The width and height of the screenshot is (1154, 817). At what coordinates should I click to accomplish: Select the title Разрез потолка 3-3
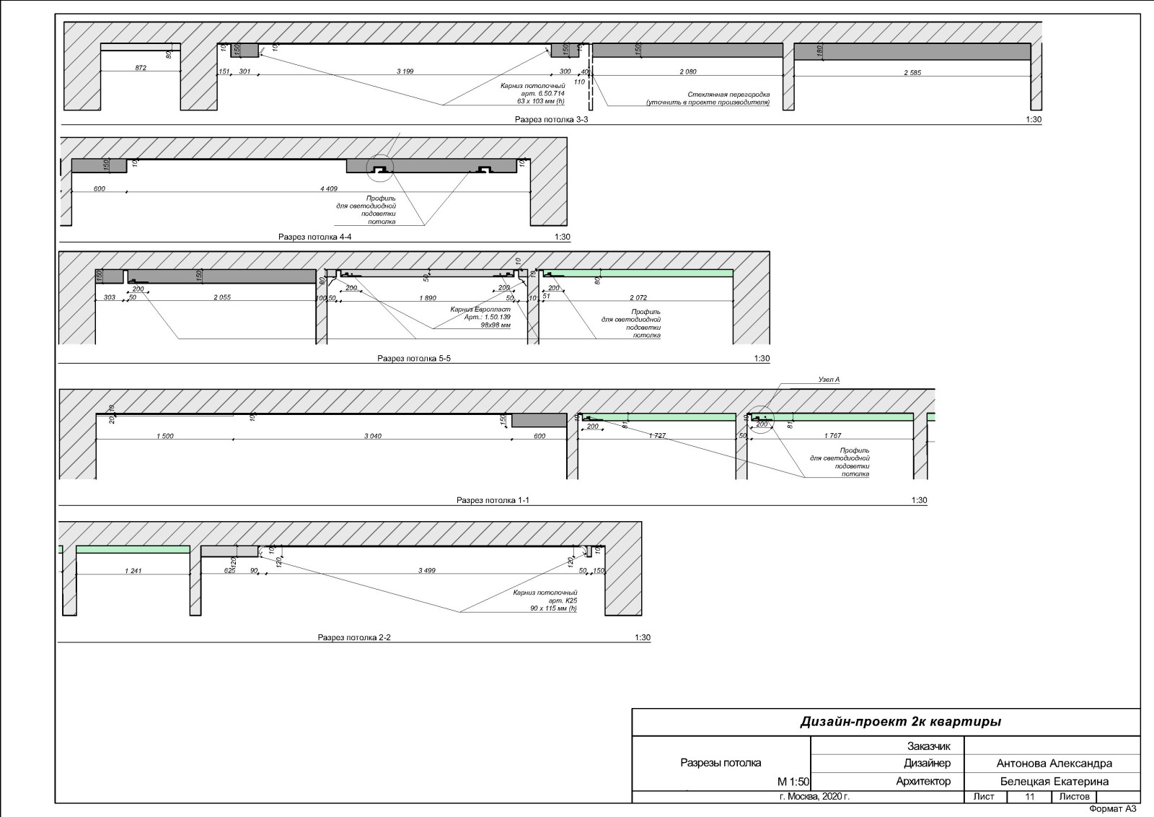pos(551,120)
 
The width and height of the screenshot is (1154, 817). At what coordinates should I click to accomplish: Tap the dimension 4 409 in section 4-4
pos(328,189)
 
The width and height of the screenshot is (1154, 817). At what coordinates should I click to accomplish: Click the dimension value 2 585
pos(912,72)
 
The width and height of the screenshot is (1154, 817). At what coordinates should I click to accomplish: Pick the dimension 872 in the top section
pos(141,68)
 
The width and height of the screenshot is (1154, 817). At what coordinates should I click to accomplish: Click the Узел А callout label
pos(829,380)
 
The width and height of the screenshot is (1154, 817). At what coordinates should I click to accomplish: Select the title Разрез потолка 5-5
pos(413,359)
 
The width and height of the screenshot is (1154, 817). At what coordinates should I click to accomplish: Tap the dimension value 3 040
pos(373,436)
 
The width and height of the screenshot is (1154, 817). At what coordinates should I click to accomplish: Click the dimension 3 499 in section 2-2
pos(427,571)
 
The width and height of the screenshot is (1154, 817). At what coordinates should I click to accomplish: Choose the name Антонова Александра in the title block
pos(1054,764)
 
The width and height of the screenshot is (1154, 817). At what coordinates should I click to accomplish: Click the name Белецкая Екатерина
pos(1054,782)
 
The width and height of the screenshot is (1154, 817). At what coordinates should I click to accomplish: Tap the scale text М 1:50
pos(793,782)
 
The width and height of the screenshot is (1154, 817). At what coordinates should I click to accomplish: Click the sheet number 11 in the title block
pos(1030,797)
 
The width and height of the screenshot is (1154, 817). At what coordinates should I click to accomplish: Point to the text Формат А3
pos(1112,809)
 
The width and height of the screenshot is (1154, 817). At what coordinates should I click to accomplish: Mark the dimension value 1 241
pos(133,571)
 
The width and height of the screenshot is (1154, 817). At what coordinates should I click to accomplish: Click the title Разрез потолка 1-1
pos(493,500)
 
